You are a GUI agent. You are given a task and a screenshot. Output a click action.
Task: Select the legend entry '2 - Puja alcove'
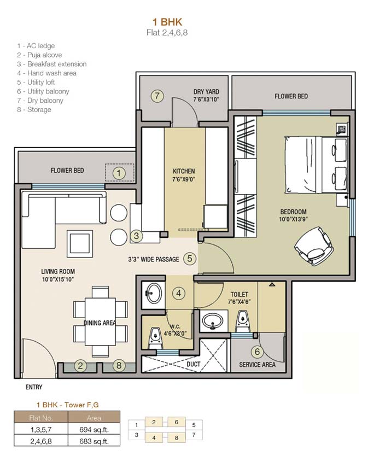click(x=39, y=55)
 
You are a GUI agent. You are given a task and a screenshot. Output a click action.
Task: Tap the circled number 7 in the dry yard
click(x=157, y=96)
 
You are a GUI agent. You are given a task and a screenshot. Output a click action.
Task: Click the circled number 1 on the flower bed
click(x=119, y=173)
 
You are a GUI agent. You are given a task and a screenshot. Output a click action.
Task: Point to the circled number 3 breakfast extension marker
click(x=137, y=236)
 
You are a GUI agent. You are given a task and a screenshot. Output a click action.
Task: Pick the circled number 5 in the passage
click(x=189, y=259)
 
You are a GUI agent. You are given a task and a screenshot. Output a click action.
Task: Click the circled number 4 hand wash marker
click(x=178, y=293)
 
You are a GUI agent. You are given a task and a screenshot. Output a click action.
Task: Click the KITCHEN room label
click(x=184, y=171)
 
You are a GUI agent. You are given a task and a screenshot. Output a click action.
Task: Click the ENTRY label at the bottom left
click(x=33, y=387)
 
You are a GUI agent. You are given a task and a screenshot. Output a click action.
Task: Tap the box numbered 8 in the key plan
click(x=177, y=437)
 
